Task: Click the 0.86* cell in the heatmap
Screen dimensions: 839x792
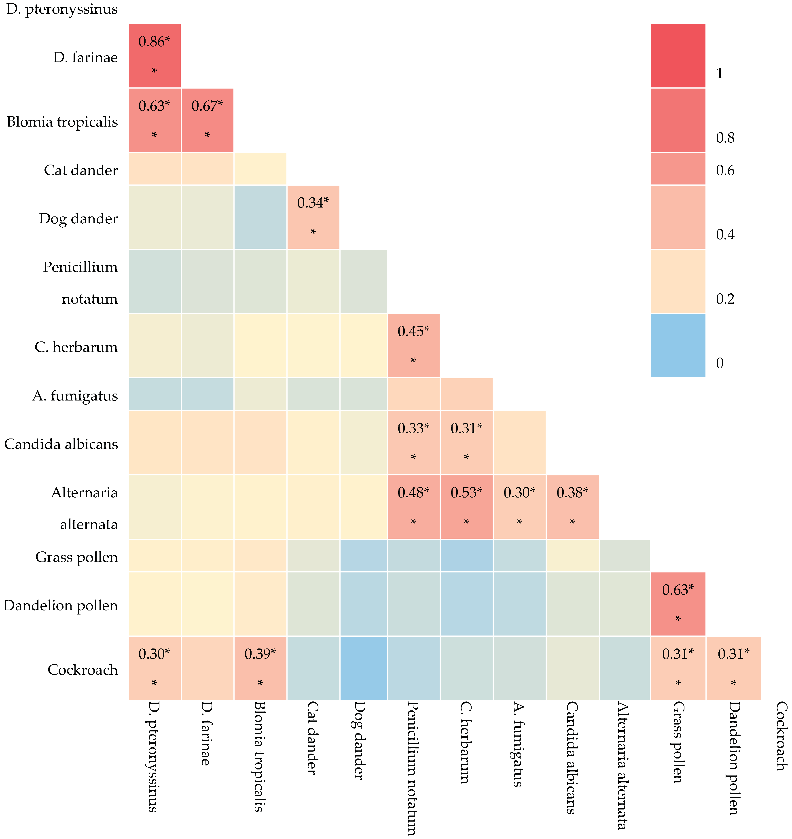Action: [155, 56]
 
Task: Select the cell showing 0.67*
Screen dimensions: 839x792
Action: [207, 120]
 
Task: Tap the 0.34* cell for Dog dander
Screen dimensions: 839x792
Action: [313, 217]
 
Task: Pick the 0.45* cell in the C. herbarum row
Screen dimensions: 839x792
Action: [413, 345]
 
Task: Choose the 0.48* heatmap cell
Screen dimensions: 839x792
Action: [413, 507]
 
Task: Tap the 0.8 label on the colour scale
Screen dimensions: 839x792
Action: [725, 138]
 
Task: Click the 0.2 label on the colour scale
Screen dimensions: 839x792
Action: [725, 299]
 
